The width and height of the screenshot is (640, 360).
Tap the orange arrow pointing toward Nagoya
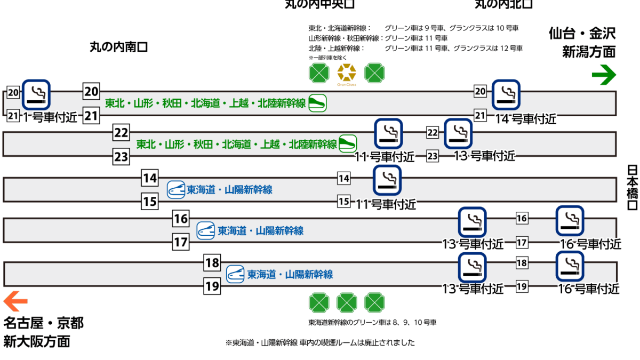click(15, 302)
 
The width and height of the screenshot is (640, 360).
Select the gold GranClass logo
click(347, 73)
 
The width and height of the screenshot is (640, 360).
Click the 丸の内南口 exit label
click(118, 47)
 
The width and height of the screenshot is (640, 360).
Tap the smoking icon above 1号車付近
click(37, 94)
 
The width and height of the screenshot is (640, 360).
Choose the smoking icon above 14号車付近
click(505, 94)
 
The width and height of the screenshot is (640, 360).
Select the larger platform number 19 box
click(212, 287)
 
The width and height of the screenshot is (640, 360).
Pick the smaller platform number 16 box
click(522, 218)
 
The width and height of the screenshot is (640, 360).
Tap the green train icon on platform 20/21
click(318, 103)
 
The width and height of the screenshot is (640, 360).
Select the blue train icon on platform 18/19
click(235, 274)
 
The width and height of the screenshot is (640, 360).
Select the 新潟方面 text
click(589, 52)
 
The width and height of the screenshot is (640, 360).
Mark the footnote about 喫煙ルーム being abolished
click(320, 343)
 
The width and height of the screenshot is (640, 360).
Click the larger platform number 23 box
click(122, 157)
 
